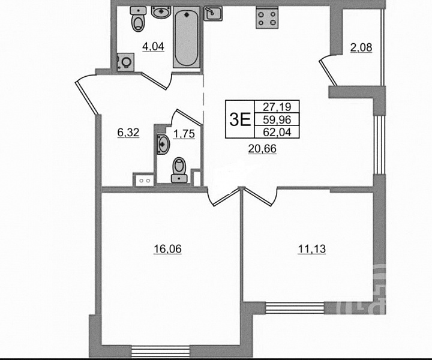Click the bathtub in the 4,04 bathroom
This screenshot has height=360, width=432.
tap(186, 37)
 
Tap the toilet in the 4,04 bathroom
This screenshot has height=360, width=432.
tap(138, 19)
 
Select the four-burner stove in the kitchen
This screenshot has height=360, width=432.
tap(267, 17)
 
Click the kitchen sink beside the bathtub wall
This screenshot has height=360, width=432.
tap(213, 13)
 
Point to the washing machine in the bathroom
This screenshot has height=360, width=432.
tap(125, 62)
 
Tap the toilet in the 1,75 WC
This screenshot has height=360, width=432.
tap(179, 170)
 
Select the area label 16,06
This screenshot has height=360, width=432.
tap(167, 249)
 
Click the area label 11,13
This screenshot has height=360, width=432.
tap(312, 249)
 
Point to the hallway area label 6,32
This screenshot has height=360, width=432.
tap(128, 133)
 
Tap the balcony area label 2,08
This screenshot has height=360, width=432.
tap(361, 47)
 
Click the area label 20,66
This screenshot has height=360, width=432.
tap(262, 149)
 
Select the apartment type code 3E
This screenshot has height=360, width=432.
tap(240, 119)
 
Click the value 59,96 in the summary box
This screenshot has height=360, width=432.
tap(277, 119)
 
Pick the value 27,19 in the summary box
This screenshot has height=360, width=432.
tap(277, 106)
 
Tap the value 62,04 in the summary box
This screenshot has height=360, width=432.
tap(277, 132)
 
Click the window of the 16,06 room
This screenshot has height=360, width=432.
tap(161, 351)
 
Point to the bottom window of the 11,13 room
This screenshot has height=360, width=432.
tap(295, 308)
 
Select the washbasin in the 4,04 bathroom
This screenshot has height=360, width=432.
tap(161, 13)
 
